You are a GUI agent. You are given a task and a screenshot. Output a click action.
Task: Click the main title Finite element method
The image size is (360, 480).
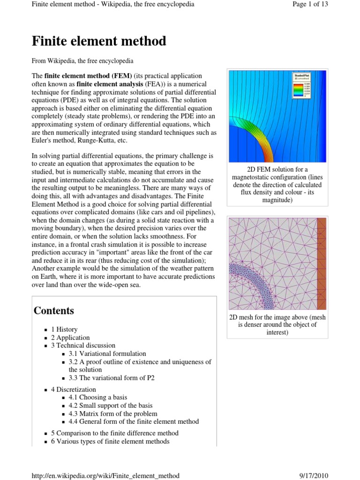click(x=99, y=41)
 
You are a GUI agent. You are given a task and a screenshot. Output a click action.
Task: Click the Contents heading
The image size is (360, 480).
click(x=54, y=310)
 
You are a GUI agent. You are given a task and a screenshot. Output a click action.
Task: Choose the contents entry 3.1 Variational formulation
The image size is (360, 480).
click(x=107, y=353)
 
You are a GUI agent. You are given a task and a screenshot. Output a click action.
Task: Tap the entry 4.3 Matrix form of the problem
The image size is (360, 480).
click(x=113, y=413)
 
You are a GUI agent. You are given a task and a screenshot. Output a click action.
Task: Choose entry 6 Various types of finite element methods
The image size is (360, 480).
click(x=110, y=441)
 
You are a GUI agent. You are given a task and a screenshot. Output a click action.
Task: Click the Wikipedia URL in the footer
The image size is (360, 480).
click(x=105, y=475)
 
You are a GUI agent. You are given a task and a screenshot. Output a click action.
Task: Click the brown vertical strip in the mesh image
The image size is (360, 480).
click(x=322, y=263)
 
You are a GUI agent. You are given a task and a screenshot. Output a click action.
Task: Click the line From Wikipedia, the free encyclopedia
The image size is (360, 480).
click(x=82, y=61)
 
